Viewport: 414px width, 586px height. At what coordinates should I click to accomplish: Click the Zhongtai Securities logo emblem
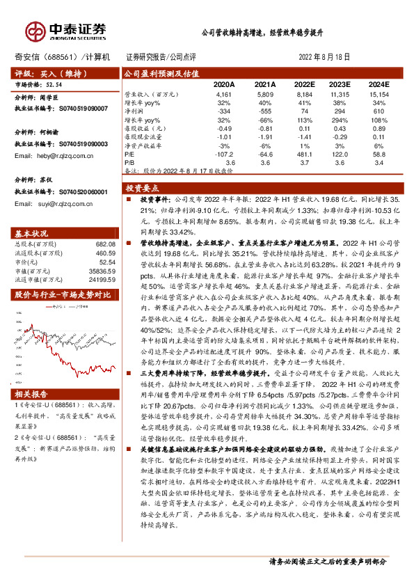(x=34, y=30)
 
